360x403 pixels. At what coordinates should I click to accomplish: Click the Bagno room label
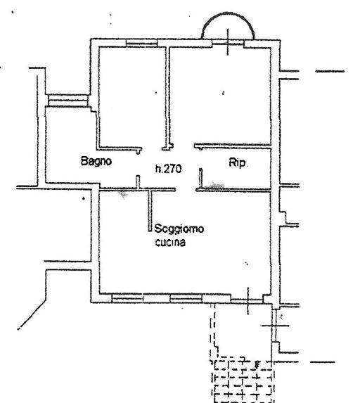point(96,161)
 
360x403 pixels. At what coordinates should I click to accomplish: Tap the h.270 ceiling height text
point(169,169)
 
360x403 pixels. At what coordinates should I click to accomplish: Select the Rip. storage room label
point(237,162)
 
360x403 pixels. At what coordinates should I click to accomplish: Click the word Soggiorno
point(179,229)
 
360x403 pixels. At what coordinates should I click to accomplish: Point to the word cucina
point(170,243)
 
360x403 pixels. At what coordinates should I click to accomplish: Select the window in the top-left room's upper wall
point(141,43)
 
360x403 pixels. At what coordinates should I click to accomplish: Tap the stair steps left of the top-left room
point(68,101)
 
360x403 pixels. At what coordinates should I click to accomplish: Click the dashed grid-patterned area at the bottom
point(243,380)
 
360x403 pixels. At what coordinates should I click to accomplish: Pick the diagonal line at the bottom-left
point(32,314)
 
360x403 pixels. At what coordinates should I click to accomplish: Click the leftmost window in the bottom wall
point(127,298)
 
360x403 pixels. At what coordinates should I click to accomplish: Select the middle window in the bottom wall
point(186,298)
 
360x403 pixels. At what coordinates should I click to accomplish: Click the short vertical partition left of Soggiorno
point(150,211)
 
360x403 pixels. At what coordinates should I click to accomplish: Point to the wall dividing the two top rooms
point(167,98)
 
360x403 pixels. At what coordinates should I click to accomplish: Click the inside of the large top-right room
point(221,95)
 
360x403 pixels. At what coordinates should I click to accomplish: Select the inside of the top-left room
point(132,96)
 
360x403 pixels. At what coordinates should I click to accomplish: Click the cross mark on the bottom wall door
point(248,300)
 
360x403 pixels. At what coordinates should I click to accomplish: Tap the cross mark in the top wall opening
point(228,42)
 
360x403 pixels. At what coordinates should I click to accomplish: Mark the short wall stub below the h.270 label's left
point(138,182)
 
